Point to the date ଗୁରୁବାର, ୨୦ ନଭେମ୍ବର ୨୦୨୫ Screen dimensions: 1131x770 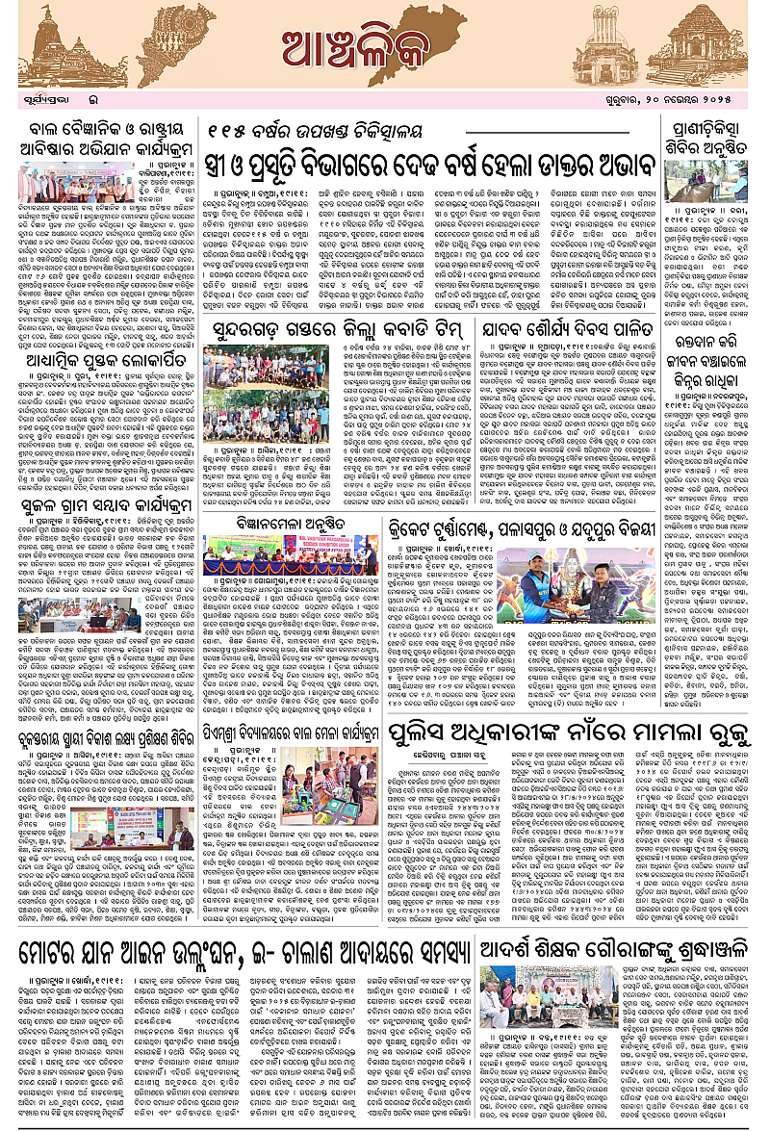pos(686,97)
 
